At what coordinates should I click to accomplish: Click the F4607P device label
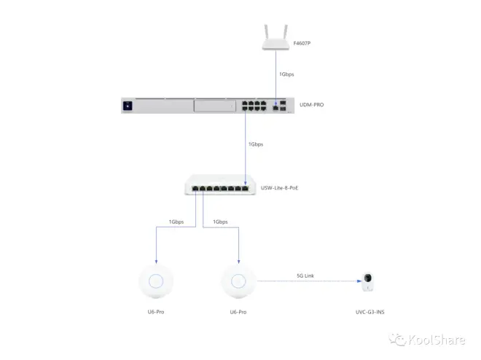[x=302, y=43]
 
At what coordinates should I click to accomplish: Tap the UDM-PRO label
[x=311, y=104]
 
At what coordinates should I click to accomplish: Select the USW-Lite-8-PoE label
[x=279, y=188]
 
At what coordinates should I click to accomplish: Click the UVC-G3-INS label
[x=369, y=312]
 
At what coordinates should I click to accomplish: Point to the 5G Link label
[x=305, y=275]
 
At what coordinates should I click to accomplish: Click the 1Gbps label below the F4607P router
[x=286, y=74]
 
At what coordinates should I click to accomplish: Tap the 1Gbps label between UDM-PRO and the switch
[x=256, y=144]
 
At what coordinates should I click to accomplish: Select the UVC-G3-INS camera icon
[x=367, y=281]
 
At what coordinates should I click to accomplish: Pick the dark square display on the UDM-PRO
[x=128, y=106]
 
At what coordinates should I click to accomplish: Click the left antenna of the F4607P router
[x=266, y=32]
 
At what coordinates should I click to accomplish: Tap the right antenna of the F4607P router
[x=285, y=32]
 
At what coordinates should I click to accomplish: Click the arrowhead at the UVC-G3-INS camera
[x=359, y=281]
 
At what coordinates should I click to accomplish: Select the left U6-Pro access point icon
[x=156, y=281]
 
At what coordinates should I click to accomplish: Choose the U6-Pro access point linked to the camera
[x=238, y=281]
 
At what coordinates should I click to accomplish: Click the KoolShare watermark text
[x=437, y=340]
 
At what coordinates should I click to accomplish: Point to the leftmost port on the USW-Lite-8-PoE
[x=195, y=188]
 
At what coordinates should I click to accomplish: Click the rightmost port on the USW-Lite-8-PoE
[x=245, y=188]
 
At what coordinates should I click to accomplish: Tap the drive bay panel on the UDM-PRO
[x=215, y=106]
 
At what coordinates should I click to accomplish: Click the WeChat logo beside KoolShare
[x=398, y=340]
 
